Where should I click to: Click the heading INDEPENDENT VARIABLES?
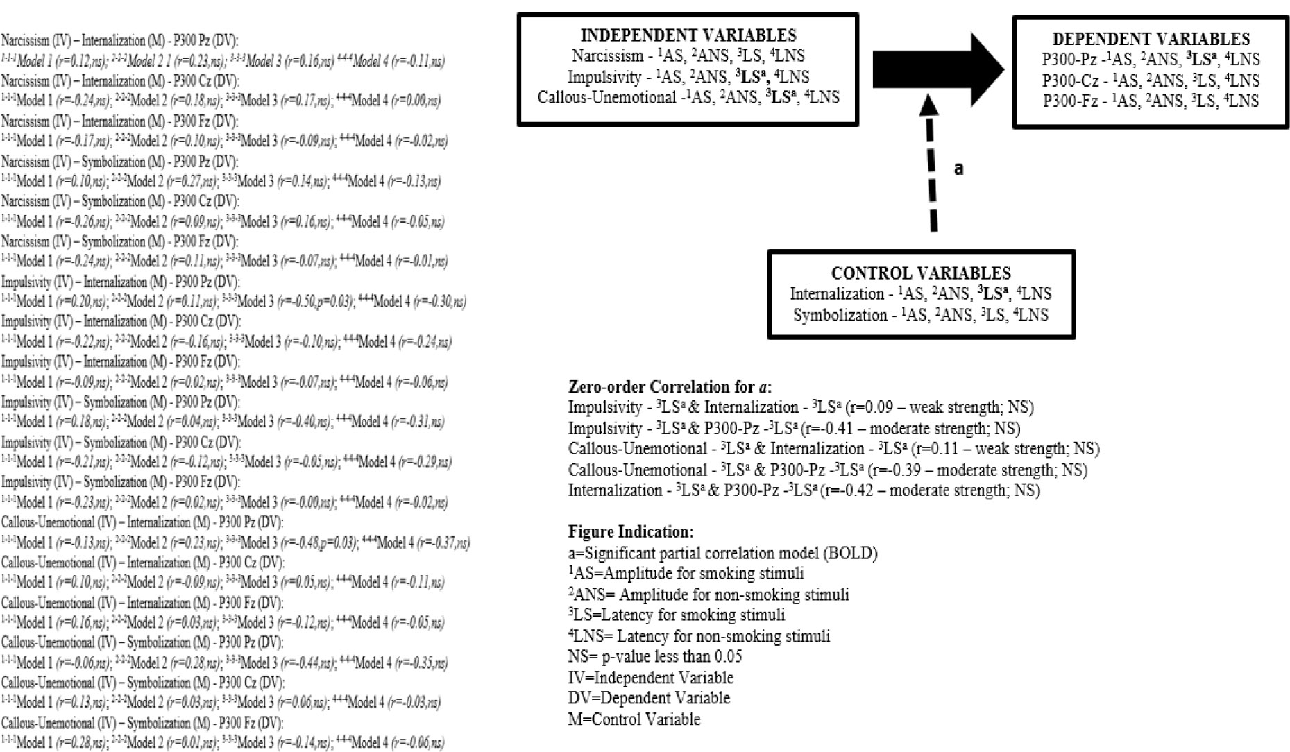[688, 35]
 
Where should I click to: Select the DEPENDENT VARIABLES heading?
[1151, 39]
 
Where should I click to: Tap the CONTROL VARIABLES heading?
[921, 273]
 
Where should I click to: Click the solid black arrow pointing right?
[937, 69]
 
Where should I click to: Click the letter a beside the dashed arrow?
[959, 169]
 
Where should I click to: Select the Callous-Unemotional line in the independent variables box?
[688, 97]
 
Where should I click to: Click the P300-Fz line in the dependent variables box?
[1151, 101]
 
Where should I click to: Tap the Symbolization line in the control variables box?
[921, 315]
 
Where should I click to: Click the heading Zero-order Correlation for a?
[670, 386]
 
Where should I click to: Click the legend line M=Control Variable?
[634, 719]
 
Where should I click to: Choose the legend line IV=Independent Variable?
[650, 678]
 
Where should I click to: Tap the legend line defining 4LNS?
[699, 636]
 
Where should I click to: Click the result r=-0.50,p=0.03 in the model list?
[316, 302]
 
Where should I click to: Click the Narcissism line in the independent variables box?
[688, 55]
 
